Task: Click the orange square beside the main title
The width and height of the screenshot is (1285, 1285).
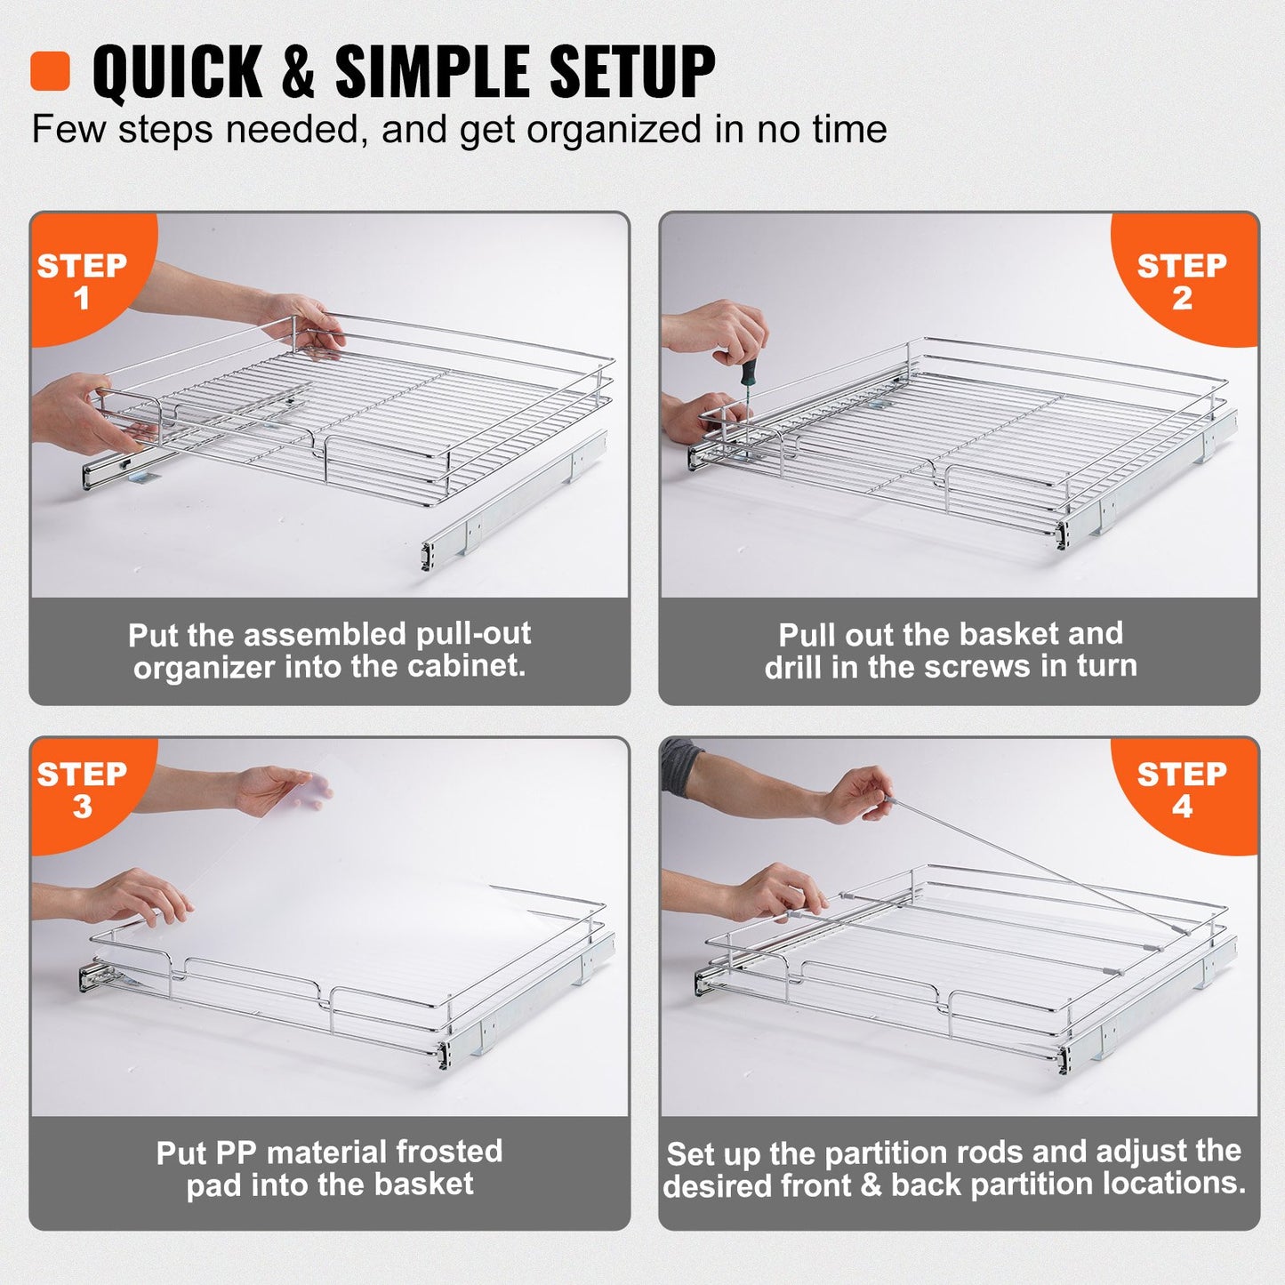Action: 50,71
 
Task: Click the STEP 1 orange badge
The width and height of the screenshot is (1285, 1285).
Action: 82,280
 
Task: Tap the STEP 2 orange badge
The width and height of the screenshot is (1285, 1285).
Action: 1182,280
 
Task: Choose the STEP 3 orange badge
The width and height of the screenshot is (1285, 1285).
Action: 82,790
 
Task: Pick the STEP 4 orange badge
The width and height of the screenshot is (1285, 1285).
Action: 1182,790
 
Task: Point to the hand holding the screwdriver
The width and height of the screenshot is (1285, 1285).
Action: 720,329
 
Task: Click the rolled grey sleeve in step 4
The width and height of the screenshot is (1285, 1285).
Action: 683,767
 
